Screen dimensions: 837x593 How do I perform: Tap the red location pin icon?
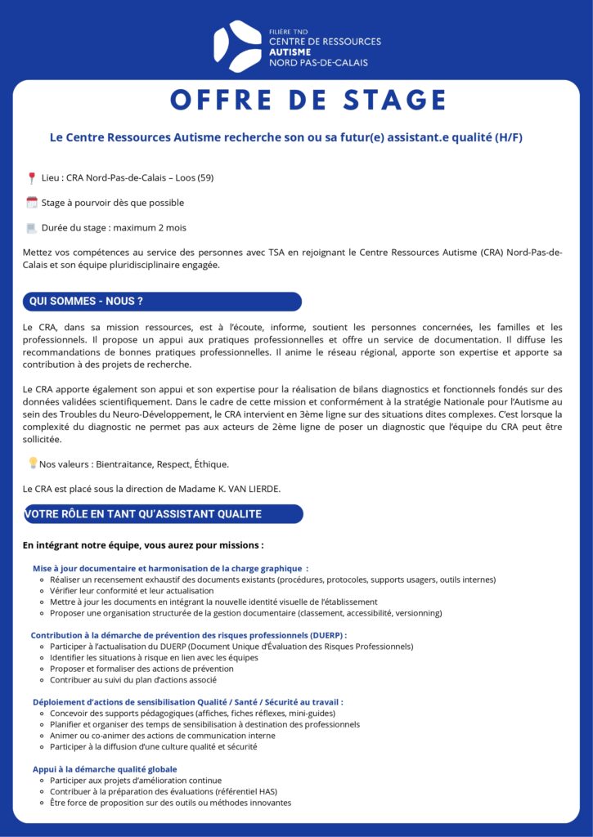coord(32,177)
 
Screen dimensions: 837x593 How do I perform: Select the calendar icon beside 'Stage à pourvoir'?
coord(32,203)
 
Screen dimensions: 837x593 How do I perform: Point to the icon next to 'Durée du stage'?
coord(32,228)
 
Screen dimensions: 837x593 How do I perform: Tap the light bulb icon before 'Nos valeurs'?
coord(33,463)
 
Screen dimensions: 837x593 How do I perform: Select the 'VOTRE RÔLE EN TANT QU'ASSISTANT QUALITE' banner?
coord(163,514)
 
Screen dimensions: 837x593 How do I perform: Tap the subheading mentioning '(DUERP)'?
coord(189,635)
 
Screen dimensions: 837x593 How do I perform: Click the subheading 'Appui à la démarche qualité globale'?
coord(105,769)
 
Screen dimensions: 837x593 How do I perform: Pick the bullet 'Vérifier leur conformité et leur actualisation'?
coord(132,590)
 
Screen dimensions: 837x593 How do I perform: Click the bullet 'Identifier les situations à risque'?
coord(154,657)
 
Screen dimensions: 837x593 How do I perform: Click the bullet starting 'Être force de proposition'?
coord(170,803)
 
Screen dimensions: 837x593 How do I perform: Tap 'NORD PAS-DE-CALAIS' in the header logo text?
coord(318,63)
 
